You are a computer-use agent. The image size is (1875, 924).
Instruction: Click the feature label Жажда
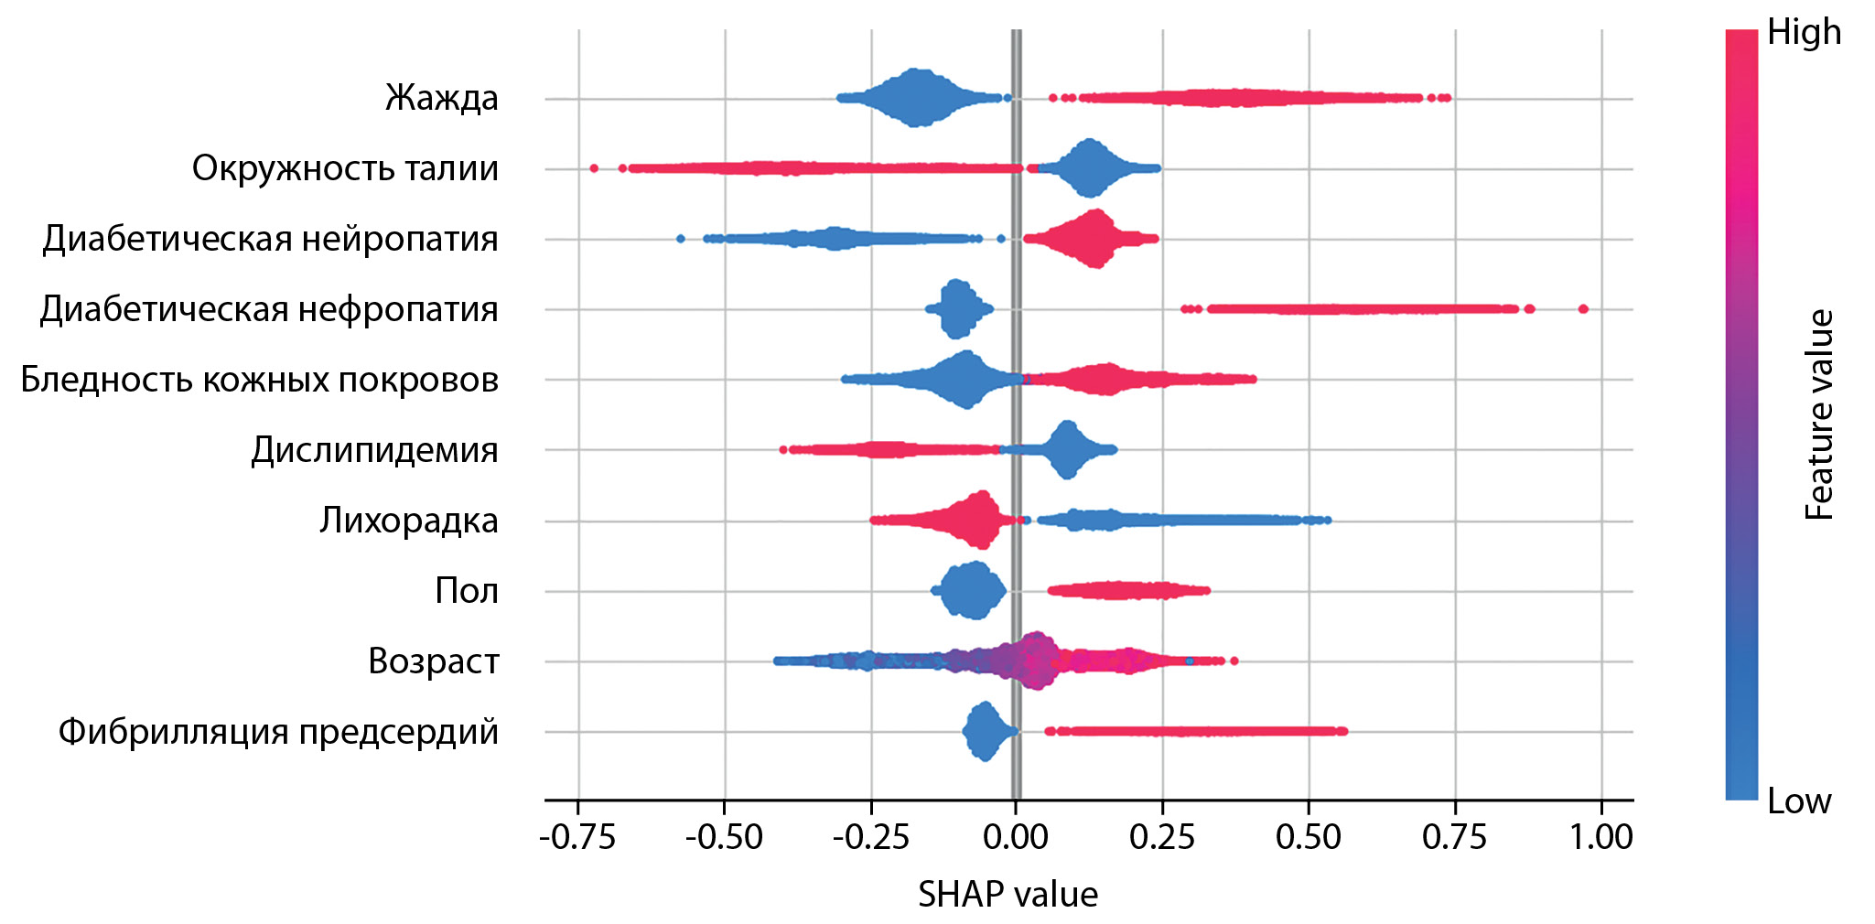(441, 97)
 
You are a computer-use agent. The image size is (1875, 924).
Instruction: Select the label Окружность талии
(345, 168)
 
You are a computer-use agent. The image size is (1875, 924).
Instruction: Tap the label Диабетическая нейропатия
(270, 239)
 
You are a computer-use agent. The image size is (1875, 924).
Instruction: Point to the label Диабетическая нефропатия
(269, 309)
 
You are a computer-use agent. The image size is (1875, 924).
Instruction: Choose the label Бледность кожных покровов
(259, 380)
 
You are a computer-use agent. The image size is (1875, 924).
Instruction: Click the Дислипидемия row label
(374, 450)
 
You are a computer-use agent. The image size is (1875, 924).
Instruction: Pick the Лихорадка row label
(408, 521)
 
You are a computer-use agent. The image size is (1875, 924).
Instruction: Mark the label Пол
(466, 591)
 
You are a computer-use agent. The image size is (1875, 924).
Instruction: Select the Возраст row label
(433, 661)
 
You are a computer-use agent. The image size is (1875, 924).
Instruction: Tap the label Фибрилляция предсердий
(278, 732)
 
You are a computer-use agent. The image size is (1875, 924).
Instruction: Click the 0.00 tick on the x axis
(1016, 837)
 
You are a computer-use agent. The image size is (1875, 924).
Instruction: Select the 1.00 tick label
(1601, 837)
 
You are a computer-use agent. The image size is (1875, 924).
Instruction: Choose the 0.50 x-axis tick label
(1309, 837)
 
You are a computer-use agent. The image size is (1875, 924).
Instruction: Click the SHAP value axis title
(1008, 895)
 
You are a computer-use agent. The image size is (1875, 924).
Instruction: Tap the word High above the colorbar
(1804, 32)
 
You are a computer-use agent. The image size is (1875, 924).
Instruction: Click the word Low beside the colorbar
(1799, 801)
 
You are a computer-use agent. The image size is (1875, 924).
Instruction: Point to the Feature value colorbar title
(1819, 414)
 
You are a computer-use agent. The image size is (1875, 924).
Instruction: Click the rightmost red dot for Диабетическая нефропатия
(1583, 309)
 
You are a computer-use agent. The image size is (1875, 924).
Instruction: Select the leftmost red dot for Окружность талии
(594, 168)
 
